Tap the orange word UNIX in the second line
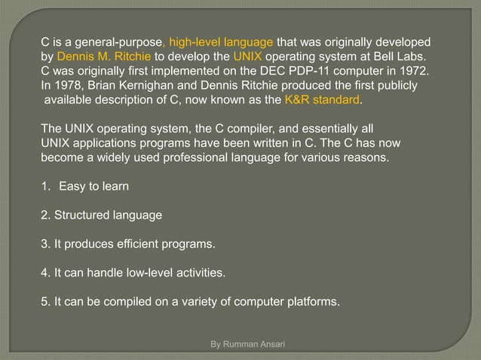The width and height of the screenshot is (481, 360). click(249, 56)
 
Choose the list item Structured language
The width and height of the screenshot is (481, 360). click(101, 215)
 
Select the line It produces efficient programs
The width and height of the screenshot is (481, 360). click(127, 244)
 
